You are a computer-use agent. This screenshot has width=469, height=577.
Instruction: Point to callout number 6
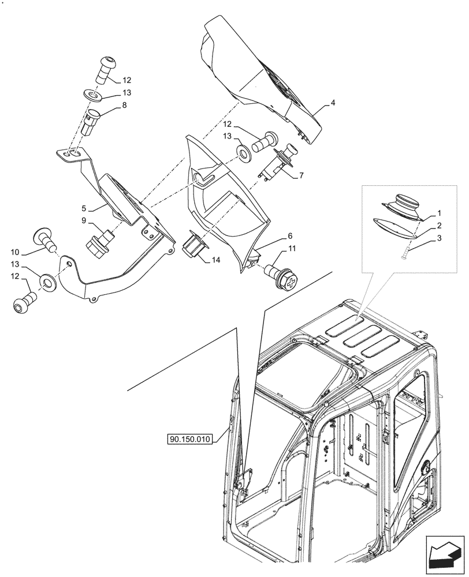point(290,235)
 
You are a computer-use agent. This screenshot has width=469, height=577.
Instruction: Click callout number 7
point(301,175)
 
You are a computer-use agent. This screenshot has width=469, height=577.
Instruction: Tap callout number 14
point(216,260)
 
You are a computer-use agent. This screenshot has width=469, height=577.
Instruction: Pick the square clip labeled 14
point(194,246)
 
